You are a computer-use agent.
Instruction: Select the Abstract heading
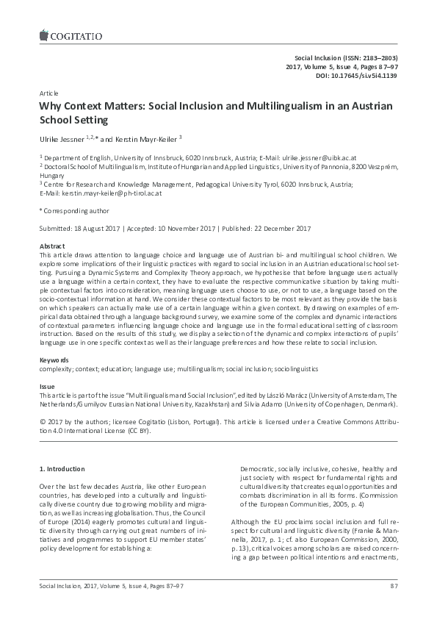tap(51, 245)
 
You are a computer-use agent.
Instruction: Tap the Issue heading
tap(46, 386)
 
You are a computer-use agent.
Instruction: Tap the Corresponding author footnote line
tap(71, 210)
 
